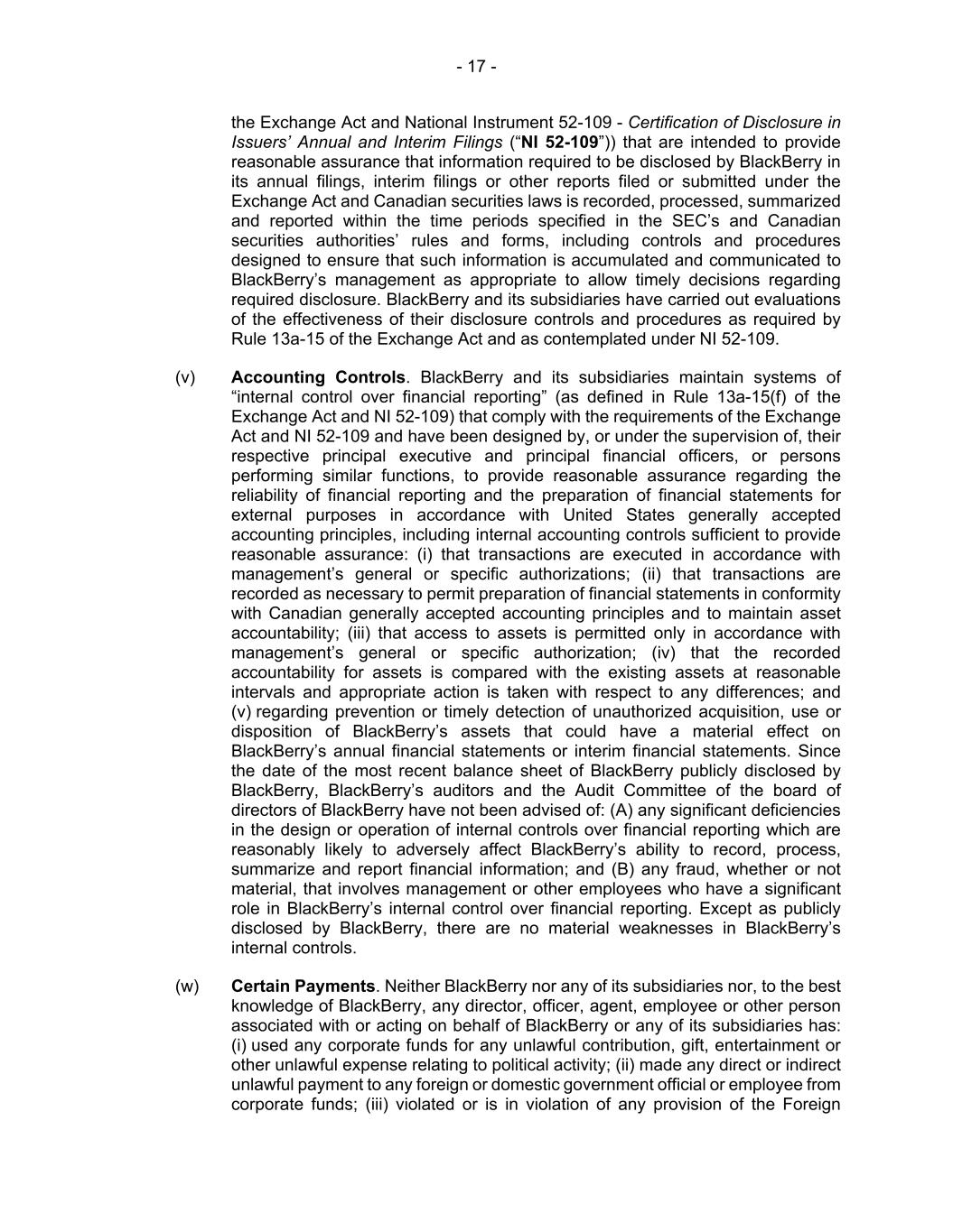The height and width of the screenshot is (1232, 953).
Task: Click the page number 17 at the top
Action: (x=476, y=67)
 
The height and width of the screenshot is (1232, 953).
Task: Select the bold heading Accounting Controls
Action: (x=318, y=377)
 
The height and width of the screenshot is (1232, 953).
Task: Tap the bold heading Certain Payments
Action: (x=303, y=987)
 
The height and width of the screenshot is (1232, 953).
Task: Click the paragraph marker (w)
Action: (x=187, y=987)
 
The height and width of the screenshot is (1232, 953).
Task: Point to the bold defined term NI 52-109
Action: (x=560, y=143)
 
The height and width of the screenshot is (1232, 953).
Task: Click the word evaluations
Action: (x=796, y=300)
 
